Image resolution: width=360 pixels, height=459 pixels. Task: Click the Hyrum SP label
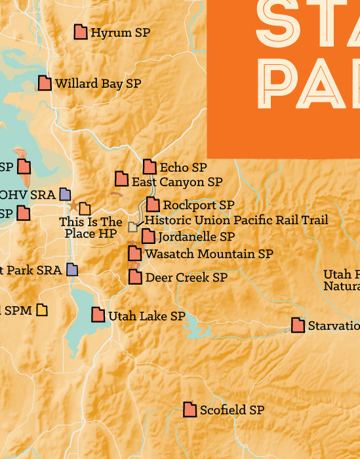[120, 32]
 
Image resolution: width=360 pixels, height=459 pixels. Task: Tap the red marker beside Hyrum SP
[81, 31]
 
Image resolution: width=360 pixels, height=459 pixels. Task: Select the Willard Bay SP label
[98, 84]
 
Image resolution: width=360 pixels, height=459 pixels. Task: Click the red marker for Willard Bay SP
[45, 83]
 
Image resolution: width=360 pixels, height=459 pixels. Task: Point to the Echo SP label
[183, 168]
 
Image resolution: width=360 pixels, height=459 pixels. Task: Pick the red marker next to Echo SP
[150, 167]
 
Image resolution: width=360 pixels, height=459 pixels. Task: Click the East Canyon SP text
[177, 182]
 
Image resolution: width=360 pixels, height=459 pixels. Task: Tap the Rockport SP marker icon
[153, 205]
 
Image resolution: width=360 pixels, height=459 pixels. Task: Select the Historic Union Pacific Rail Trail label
[236, 220]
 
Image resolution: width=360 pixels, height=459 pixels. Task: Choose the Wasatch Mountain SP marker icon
[134, 253]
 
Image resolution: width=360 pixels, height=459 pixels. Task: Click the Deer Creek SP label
[186, 277]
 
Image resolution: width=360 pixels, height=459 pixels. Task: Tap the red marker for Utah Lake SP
[98, 315]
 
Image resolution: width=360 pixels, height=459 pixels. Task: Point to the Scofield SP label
[231, 410]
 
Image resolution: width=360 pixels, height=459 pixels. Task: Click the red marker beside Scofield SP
[190, 409]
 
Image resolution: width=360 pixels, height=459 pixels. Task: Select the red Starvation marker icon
[298, 325]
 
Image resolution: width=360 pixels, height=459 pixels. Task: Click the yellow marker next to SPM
[42, 309]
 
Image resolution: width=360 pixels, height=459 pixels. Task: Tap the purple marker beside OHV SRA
[65, 193]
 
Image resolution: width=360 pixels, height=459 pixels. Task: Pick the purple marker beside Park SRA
[71, 269]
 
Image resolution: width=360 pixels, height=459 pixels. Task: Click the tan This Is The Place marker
[85, 209]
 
